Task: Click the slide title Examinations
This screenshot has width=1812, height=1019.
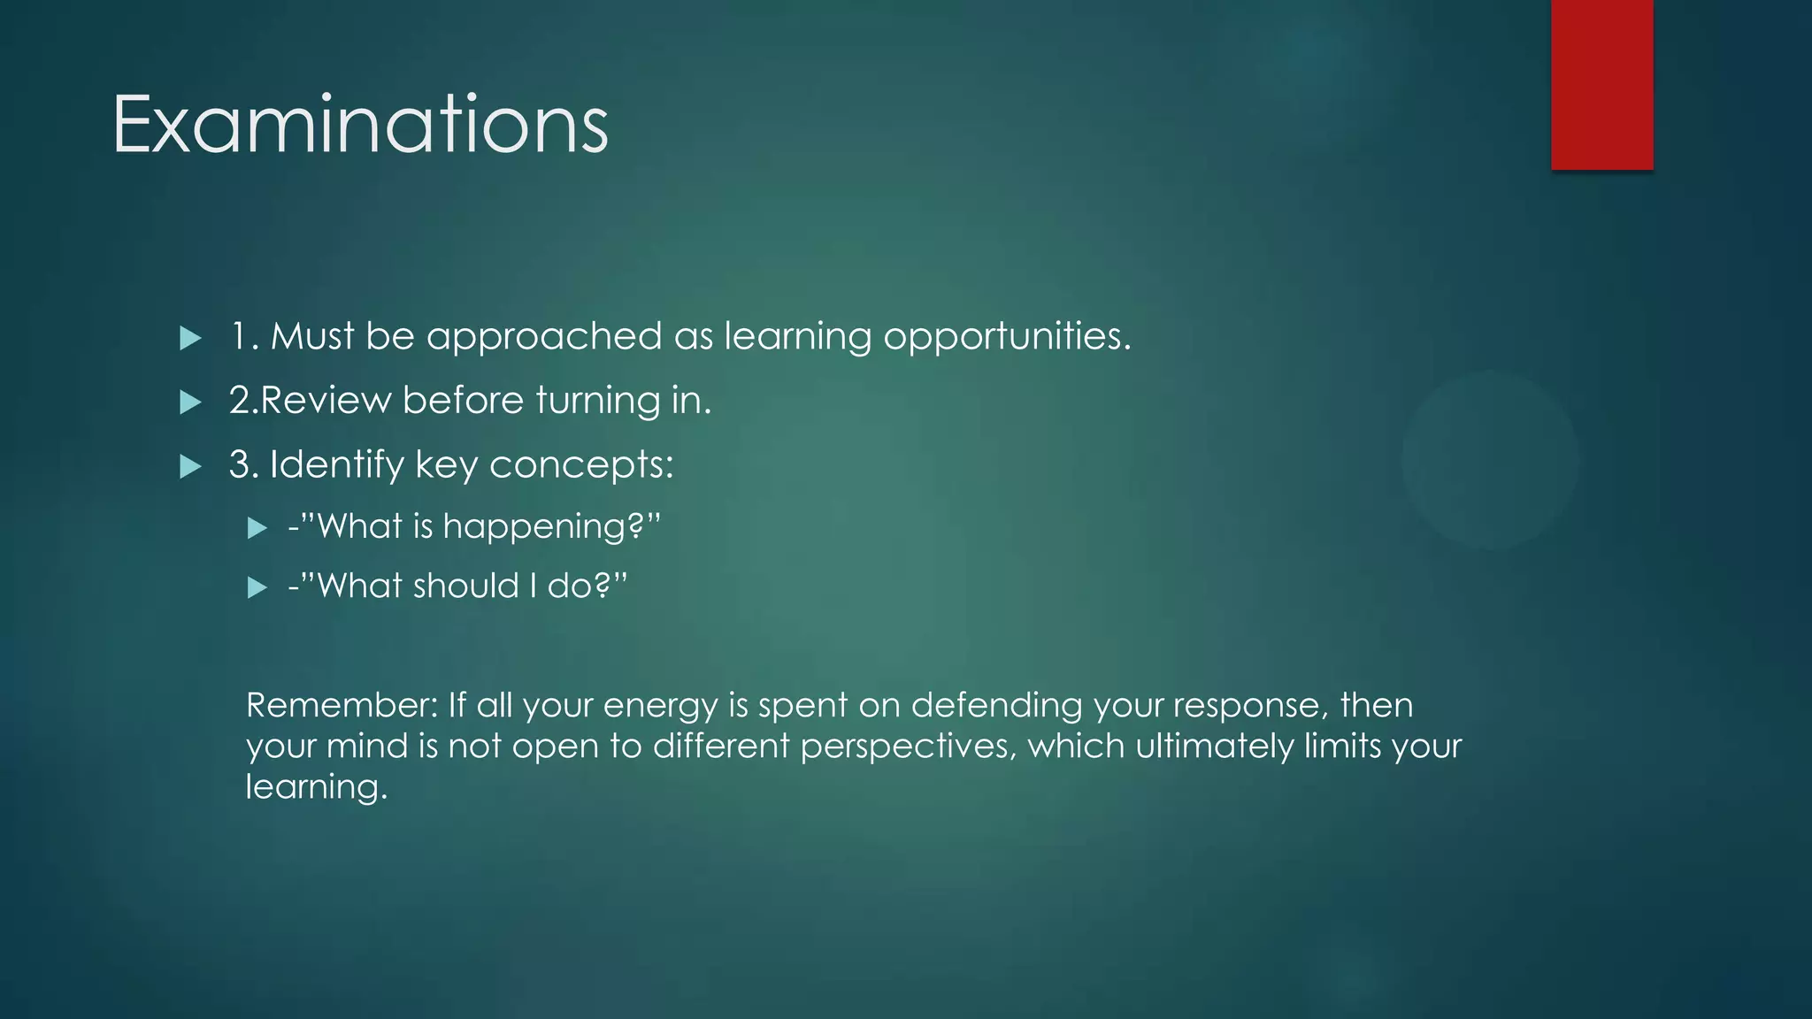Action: pos(360,125)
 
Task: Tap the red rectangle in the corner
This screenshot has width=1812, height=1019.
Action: pos(1601,84)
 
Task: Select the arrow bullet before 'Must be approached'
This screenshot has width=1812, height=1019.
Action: pos(190,338)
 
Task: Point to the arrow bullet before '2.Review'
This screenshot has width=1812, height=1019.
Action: pos(190,402)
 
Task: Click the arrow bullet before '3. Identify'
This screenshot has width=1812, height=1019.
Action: pos(190,466)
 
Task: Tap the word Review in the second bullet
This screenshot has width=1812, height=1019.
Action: pos(326,401)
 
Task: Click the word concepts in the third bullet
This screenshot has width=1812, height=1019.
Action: pos(580,465)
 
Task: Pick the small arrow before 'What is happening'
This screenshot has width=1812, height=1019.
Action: pos(257,529)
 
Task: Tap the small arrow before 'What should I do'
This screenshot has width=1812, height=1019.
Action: pos(257,587)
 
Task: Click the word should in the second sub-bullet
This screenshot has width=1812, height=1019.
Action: pos(465,586)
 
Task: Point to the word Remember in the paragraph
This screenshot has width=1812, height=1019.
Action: pos(341,705)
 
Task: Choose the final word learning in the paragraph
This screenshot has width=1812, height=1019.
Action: pos(315,787)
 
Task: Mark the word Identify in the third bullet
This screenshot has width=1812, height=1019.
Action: pos(336,465)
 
